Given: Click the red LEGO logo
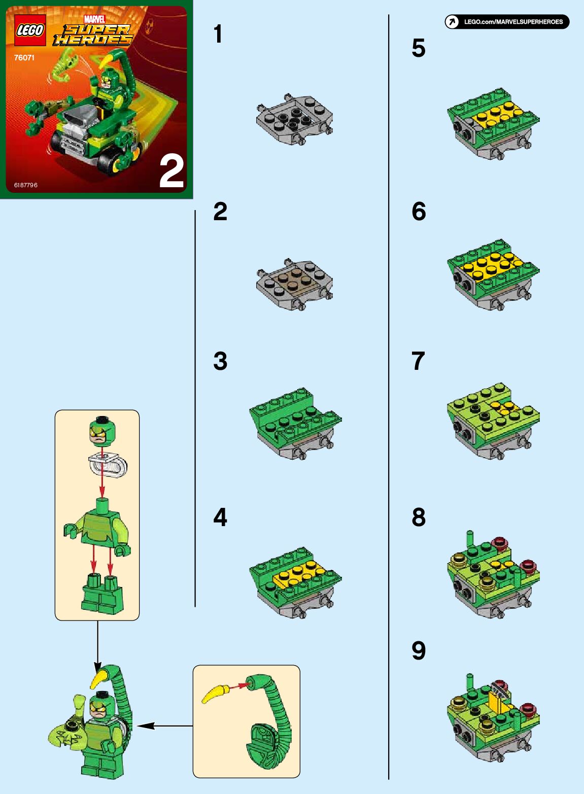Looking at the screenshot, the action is pos(30,30).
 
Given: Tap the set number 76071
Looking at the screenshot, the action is pos(24,58).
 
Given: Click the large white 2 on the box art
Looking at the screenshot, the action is pos(171,172).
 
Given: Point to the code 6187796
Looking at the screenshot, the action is pos(25,185).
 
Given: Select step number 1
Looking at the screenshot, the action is pos(218,34).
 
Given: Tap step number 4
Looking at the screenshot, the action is pos(220,517).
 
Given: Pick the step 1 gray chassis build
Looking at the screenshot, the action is pos(294,119).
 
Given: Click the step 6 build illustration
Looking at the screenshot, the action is pos(493,275).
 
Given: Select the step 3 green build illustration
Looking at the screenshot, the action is pos(295,424).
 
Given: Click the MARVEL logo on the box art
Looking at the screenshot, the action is pos(94,19).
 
